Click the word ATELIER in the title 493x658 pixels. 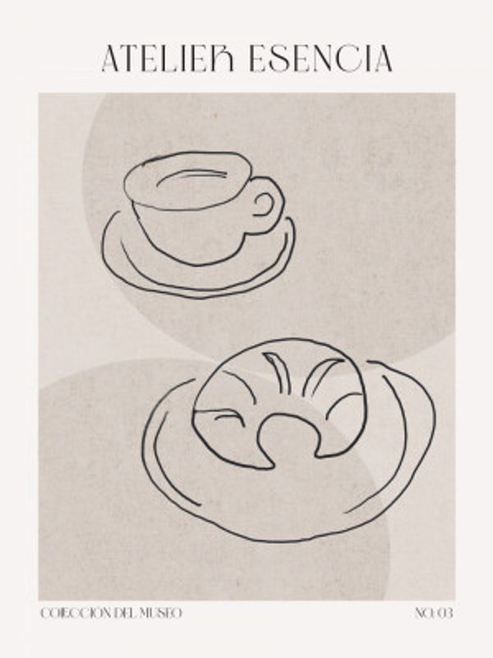170,58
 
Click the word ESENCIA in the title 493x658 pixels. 321,58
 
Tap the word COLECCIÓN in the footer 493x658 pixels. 76,614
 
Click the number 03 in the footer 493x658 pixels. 445,614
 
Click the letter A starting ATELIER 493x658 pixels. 112,58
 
